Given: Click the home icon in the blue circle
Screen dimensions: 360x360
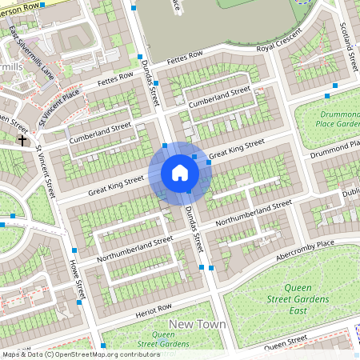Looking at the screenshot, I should click(179, 172).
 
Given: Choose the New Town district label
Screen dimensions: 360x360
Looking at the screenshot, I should click(197, 325).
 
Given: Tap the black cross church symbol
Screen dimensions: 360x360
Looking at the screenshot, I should click(23, 139).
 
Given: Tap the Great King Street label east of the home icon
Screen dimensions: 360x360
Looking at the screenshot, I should click(236, 149).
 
